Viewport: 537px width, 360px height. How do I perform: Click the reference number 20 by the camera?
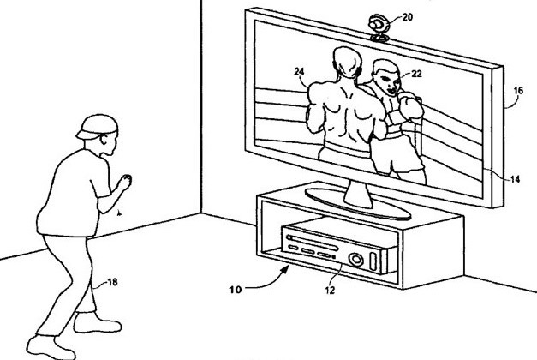pyautogui.click(x=407, y=17)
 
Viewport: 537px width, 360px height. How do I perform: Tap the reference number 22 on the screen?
pyautogui.click(x=416, y=74)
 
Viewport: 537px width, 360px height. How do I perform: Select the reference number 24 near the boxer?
pyautogui.click(x=299, y=72)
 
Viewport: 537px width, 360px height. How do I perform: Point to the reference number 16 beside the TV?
pyautogui.click(x=518, y=91)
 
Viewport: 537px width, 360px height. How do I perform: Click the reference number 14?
pyautogui.click(x=515, y=179)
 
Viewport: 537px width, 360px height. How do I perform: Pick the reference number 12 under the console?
pyautogui.click(x=330, y=291)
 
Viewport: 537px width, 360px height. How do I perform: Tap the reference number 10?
pyautogui.click(x=236, y=290)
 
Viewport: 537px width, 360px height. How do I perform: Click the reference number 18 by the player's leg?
pyautogui.click(x=112, y=282)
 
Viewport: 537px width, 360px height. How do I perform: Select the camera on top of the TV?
pyautogui.click(x=378, y=27)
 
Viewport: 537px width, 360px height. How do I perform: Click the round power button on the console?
pyautogui.click(x=355, y=259)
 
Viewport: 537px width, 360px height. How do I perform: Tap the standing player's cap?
pyautogui.click(x=98, y=126)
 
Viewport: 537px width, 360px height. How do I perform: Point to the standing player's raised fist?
pyautogui.click(x=125, y=182)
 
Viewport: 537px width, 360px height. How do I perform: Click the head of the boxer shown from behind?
pyautogui.click(x=347, y=63)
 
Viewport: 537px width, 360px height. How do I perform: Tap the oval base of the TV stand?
pyautogui.click(x=358, y=205)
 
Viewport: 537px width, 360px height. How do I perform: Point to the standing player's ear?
pyautogui.click(x=104, y=140)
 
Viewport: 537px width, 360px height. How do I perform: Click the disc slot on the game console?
pyautogui.click(x=313, y=242)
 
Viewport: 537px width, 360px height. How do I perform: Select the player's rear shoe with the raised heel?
pyautogui.click(x=51, y=347)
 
